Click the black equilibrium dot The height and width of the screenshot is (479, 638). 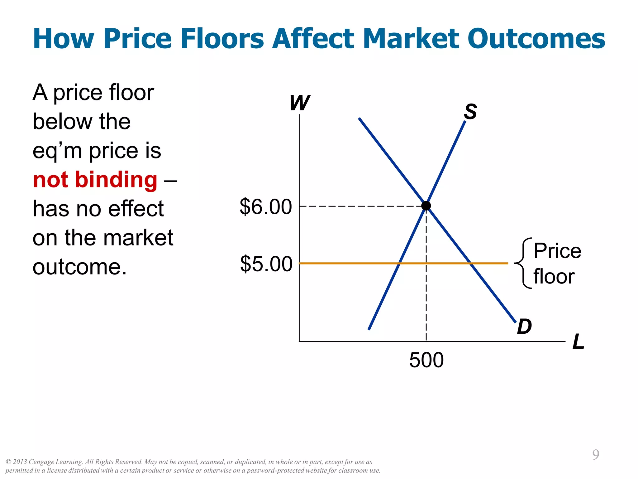pos(426,206)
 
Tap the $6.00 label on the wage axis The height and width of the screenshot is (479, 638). pos(266,207)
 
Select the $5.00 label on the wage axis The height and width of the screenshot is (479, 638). pos(266,264)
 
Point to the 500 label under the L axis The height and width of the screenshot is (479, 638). pos(426,360)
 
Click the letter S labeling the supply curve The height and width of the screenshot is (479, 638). pos(470,112)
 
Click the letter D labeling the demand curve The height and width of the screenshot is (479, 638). pos(524,327)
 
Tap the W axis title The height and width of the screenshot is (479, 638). pos(299,103)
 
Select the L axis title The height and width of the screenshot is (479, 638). pos(578,342)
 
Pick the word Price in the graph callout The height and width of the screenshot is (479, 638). pos(557,251)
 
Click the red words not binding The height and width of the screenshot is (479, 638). pos(95,180)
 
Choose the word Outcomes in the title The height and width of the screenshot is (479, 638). pos(536,39)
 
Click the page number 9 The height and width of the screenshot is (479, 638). pos(596,455)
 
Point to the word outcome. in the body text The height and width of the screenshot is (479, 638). pos(80,267)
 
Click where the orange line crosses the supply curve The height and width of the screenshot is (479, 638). pos(399,264)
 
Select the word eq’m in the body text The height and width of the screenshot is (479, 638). pos(57,151)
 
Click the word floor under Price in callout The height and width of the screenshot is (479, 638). pos(554,277)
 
